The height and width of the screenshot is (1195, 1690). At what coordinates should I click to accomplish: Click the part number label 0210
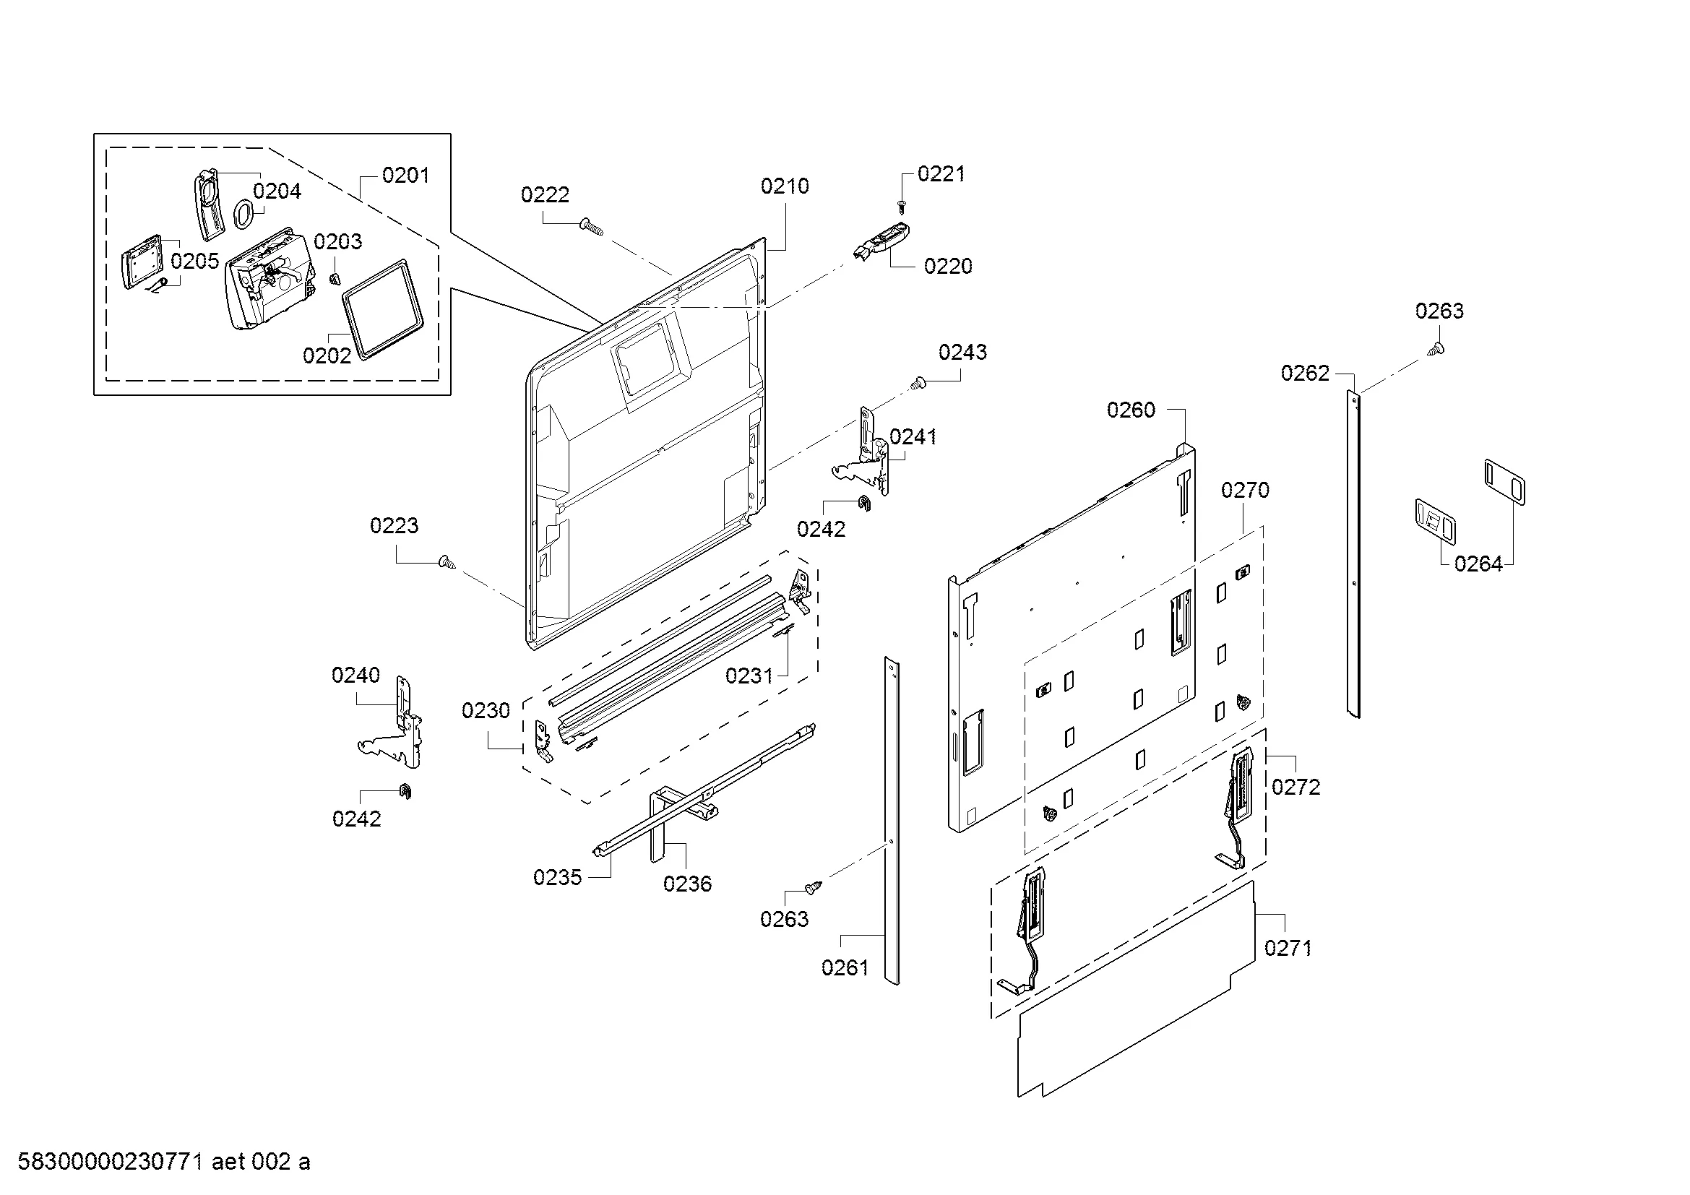click(785, 186)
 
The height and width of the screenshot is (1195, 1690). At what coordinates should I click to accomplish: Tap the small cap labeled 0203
click(335, 277)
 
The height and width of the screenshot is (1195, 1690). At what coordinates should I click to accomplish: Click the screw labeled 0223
click(447, 563)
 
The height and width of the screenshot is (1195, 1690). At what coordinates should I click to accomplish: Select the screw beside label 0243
click(918, 383)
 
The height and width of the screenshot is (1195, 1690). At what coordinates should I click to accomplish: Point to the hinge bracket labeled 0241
click(868, 454)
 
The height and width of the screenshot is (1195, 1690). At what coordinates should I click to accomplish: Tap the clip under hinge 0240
click(405, 791)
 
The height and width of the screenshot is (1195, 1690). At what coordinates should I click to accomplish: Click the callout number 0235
click(557, 877)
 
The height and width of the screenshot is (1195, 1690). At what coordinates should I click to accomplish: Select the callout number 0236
click(687, 884)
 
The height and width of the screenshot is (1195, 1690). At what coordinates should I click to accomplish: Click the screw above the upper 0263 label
click(1436, 349)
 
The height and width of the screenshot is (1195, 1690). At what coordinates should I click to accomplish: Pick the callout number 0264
click(1478, 564)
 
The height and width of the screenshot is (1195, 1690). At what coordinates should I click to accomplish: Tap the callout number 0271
click(1288, 949)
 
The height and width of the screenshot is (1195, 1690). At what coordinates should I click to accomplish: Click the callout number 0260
click(1131, 410)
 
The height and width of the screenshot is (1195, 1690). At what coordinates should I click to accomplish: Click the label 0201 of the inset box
click(405, 176)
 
